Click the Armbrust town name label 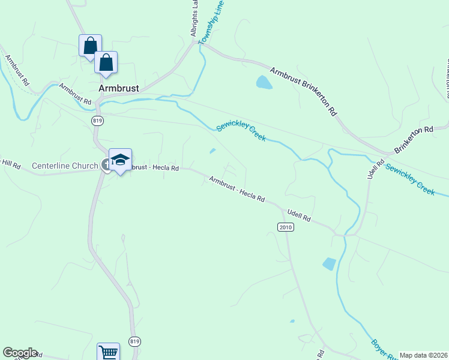[119, 88]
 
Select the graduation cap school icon [120, 160]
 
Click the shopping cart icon [108, 352]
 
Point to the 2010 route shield [285, 227]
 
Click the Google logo [20, 353]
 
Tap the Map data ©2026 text [424, 355]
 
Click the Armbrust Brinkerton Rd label [303, 91]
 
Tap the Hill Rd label [10, 163]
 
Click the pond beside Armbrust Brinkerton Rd [264, 82]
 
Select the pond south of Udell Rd [329, 263]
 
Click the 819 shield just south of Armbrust [98, 121]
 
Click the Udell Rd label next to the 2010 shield [299, 215]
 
